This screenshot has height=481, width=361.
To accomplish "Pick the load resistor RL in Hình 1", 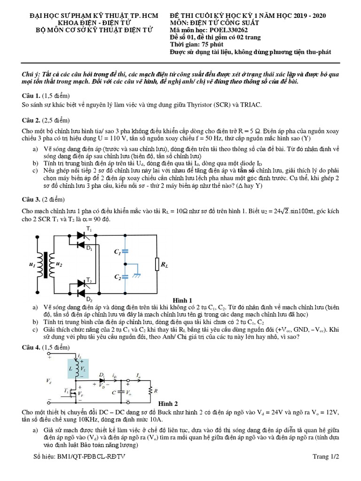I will tap(157, 264).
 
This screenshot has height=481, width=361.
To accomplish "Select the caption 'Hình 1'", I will tap(183, 300).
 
